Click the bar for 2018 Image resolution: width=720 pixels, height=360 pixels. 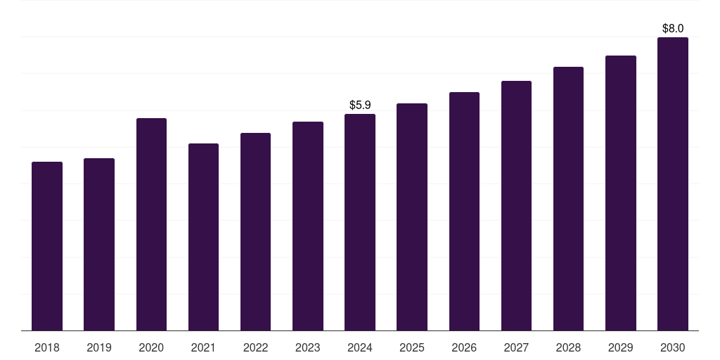coord(47,246)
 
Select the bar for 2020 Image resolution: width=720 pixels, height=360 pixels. coord(151,224)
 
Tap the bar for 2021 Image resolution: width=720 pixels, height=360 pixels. coord(203,237)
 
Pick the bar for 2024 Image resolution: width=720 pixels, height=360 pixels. coord(360,222)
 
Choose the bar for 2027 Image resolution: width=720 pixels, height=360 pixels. coord(516,206)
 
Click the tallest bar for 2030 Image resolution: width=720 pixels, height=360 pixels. coord(672,184)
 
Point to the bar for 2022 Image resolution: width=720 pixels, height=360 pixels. coord(255,232)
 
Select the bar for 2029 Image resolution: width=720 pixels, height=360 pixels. coord(620,193)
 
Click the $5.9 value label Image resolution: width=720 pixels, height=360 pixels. coord(360,105)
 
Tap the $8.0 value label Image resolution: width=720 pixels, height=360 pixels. coord(673,29)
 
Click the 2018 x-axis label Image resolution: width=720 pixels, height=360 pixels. coord(47,348)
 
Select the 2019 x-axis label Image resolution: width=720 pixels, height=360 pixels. coord(99,348)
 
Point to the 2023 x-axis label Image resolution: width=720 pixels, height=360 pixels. coord(308,348)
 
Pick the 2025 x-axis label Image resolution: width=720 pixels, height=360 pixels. coord(412,348)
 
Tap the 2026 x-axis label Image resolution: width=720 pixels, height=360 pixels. coord(464,348)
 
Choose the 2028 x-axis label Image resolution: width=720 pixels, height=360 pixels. coord(568,348)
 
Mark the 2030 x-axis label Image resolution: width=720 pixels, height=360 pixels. coord(672,348)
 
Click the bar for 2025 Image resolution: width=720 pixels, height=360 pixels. coord(412,217)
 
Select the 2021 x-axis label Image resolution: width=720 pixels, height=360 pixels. coord(203,348)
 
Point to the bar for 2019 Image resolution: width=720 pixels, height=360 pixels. coord(99,245)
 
